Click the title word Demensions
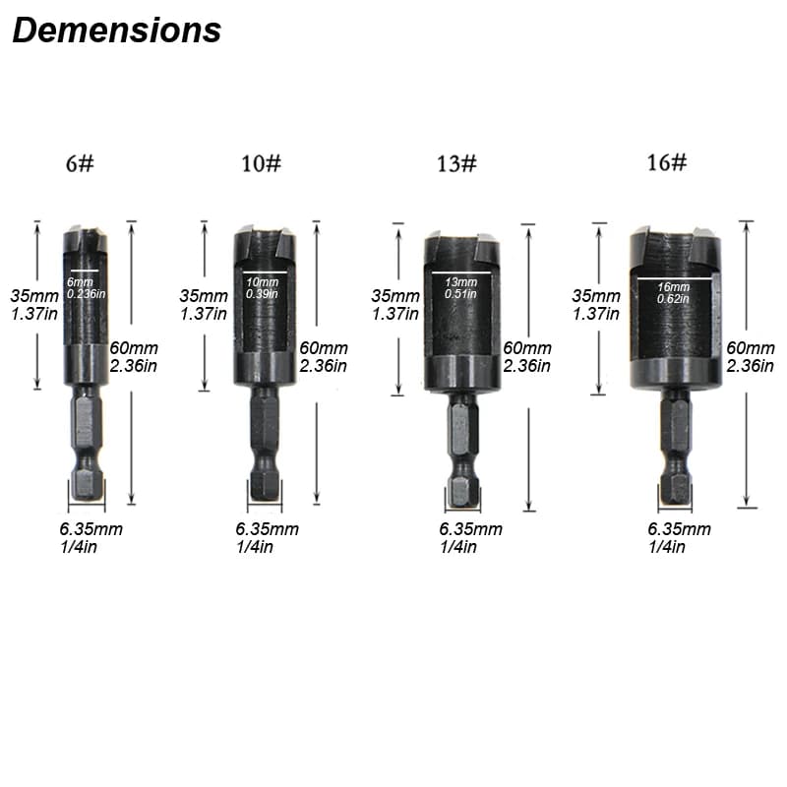(x=116, y=30)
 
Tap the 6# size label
(x=80, y=163)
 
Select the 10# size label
(x=261, y=163)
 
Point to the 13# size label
(x=456, y=163)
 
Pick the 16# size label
(x=667, y=162)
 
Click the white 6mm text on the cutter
(x=80, y=281)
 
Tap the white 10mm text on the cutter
(x=262, y=282)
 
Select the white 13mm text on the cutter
(x=460, y=282)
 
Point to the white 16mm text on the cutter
(x=673, y=287)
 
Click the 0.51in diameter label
(x=460, y=293)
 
